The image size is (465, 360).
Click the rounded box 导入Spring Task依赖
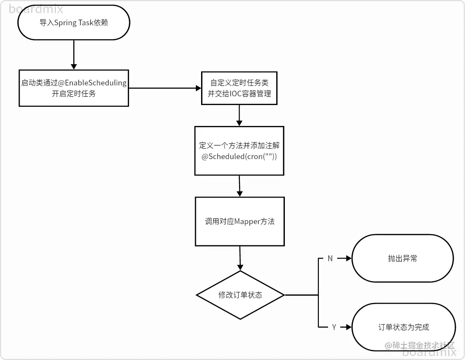[74, 23]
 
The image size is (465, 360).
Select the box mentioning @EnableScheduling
[74, 88]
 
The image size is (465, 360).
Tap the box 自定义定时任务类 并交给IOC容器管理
[239, 88]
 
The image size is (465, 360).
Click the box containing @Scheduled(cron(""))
[239, 151]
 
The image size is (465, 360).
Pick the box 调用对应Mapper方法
[239, 221]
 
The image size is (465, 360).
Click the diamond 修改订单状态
[240, 295]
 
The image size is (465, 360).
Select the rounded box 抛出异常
[402, 258]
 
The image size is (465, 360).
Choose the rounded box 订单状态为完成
[403, 327]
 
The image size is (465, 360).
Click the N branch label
[330, 258]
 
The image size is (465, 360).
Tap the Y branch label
[334, 327]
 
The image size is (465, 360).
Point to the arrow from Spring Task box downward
[74, 54]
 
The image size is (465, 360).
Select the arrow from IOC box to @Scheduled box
[239, 115]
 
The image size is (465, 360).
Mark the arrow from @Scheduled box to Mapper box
[239, 186]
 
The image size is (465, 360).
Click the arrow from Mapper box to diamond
[240, 258]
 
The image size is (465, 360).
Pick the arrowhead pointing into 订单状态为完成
[348, 327]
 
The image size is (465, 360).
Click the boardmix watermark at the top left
[36, 9]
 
